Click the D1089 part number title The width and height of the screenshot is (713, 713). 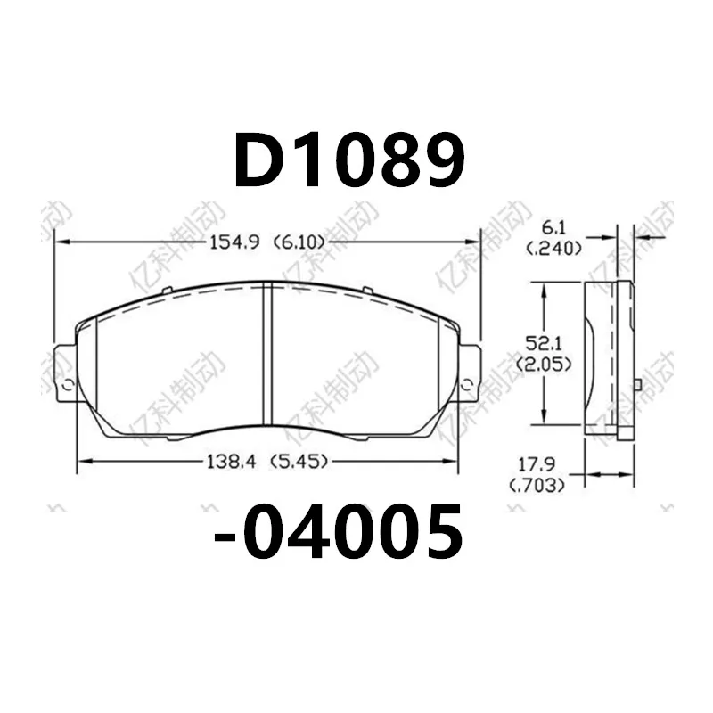349,162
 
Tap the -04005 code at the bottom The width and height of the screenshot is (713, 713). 340,533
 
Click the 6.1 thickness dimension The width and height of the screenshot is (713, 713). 554,229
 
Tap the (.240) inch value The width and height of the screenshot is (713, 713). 554,249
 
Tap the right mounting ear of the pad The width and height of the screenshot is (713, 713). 470,373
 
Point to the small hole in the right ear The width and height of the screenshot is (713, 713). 467,385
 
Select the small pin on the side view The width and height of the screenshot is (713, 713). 639,384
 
